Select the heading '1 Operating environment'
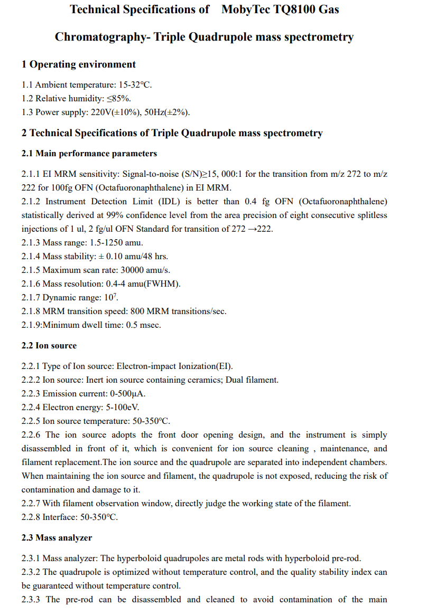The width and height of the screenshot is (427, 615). (x=79, y=64)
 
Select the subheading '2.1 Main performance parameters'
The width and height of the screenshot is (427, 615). (x=89, y=154)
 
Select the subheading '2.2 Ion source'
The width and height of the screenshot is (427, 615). (x=49, y=346)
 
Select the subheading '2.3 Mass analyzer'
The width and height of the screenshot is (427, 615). (x=57, y=538)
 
